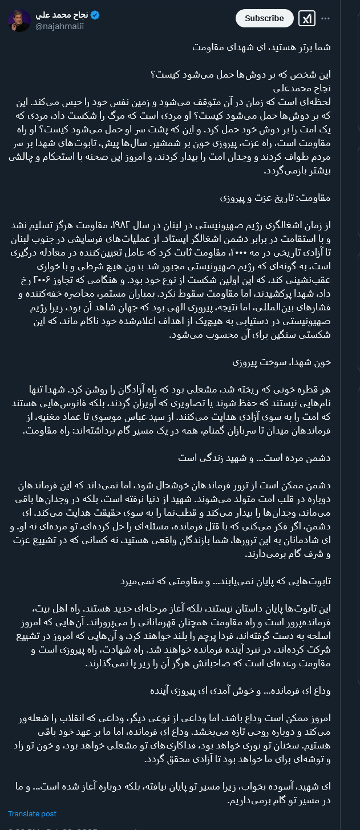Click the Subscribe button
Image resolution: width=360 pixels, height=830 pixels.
point(264,18)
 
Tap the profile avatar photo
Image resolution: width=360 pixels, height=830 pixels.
point(19,21)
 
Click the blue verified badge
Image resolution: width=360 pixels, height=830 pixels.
point(95,15)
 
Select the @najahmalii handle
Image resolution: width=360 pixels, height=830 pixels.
point(60,26)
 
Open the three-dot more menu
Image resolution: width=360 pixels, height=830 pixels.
point(325,18)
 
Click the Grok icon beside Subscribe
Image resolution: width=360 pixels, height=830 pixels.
point(307,18)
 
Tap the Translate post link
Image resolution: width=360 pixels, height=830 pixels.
point(32,813)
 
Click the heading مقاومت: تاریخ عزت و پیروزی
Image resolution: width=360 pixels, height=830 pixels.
point(275,198)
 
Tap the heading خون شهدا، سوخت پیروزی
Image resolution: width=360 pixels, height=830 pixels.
point(281,362)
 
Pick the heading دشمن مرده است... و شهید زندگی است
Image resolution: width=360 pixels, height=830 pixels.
point(254,458)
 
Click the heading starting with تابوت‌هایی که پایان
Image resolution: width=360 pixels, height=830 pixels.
point(225,581)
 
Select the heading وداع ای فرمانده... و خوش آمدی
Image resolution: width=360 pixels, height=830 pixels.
point(240,691)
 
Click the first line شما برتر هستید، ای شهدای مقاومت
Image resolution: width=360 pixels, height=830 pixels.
point(261,47)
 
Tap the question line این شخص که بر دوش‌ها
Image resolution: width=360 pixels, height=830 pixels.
point(241,75)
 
